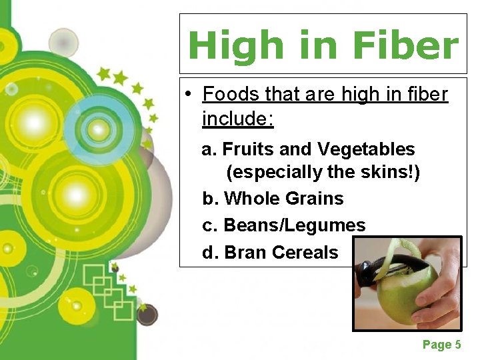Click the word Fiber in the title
click(x=405, y=46)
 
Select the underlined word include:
click(x=238, y=119)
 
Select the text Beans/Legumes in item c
click(x=295, y=225)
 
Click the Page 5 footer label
click(x=441, y=345)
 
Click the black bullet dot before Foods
click(x=189, y=95)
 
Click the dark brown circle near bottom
click(x=147, y=314)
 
